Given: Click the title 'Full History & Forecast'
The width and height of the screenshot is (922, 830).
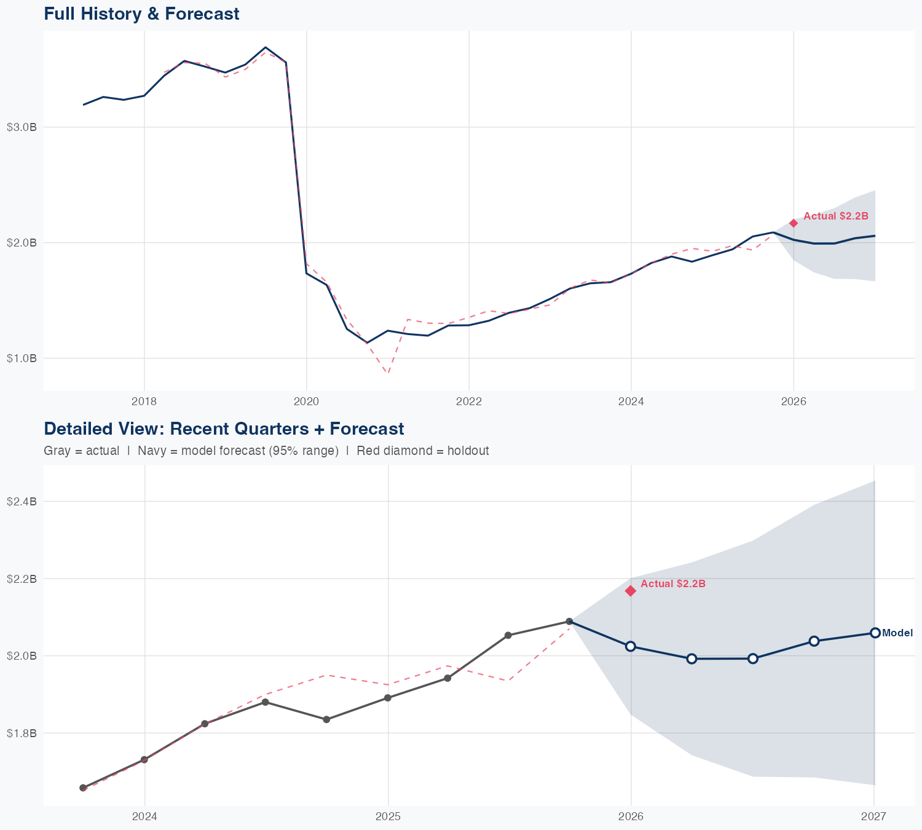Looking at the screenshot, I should pos(141,14).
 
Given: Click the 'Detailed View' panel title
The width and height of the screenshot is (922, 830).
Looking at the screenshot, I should pos(224,429).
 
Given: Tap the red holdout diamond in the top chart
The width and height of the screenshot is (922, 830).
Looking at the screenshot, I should pos(794,223).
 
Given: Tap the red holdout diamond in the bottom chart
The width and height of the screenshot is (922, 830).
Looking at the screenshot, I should pos(631,591).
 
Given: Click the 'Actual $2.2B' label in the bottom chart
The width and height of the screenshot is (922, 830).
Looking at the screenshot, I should pos(673,583).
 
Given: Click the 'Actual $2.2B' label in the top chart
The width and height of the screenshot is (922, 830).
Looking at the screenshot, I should pos(836,216).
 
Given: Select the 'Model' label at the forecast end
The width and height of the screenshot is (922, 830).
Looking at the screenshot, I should pos(897,633).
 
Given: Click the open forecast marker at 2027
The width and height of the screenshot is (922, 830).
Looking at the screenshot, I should pos(875,633).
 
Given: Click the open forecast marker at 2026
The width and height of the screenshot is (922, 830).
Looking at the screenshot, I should pos(631,646).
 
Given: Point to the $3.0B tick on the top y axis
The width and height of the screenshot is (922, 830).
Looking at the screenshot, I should pos(22,127).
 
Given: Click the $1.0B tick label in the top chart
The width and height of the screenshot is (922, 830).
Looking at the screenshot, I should pos(22,358).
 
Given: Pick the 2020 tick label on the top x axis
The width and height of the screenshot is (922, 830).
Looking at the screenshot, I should pos(306,401).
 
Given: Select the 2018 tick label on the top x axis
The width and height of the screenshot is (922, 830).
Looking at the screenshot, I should pos(144,401).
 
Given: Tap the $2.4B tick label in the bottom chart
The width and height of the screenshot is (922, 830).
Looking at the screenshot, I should pos(22,501).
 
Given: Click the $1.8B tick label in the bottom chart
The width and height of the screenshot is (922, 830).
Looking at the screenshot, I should pos(22,733).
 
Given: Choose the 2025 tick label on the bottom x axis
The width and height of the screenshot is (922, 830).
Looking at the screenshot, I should pos(388,816).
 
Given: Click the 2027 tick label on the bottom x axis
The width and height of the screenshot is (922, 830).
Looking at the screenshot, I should pos(873,816).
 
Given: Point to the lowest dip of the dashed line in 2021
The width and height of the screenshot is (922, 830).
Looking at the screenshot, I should pos(388,373).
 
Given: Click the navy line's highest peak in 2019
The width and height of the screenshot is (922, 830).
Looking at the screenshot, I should pos(265,47).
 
